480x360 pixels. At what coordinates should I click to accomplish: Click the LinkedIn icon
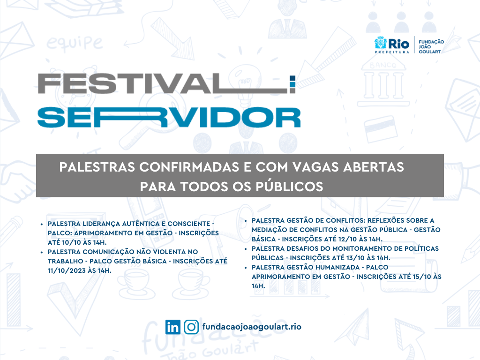coord(172,327)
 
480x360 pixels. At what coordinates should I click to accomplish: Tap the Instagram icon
coord(192,327)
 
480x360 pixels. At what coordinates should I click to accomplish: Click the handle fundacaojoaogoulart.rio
coord(252,327)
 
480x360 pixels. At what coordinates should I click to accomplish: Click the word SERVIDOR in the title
coord(169,117)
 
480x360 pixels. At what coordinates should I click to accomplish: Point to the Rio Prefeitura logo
coord(392,45)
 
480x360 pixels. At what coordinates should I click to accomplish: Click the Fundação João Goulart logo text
coord(431,46)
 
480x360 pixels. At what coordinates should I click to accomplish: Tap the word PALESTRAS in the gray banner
coord(97,167)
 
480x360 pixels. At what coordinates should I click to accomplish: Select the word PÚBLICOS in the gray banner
coord(289,187)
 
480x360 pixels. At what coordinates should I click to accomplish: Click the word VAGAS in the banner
coord(315,167)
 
